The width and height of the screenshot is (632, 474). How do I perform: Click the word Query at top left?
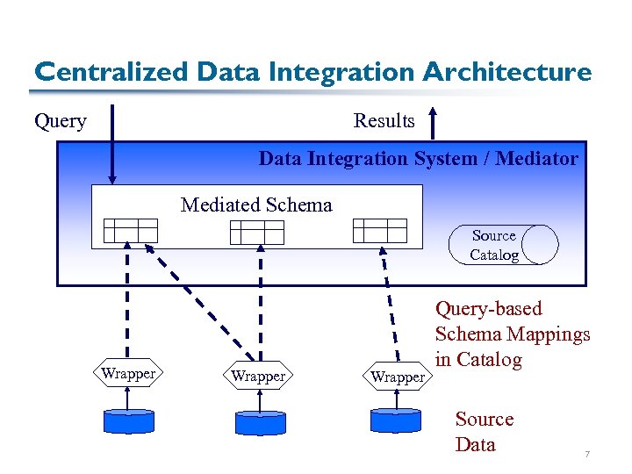click(60, 121)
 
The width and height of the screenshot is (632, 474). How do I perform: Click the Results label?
click(384, 121)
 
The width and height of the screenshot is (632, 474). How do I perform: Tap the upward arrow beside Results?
click(433, 122)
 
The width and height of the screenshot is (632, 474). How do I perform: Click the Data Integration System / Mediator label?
click(418, 159)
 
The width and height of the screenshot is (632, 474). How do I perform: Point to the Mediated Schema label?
click(256, 205)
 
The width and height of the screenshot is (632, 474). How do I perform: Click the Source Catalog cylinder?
click(503, 245)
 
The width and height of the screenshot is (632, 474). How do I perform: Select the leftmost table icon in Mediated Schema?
click(130, 230)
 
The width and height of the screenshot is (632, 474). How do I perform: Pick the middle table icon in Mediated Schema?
click(257, 232)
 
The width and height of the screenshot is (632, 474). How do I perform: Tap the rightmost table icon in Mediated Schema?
click(379, 231)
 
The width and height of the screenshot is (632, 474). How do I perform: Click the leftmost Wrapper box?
click(128, 374)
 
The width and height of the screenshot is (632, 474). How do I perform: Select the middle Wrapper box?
click(258, 377)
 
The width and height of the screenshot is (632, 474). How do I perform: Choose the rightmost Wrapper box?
click(398, 377)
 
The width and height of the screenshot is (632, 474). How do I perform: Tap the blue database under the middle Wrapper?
click(260, 422)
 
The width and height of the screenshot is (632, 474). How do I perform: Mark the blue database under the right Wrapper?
click(396, 420)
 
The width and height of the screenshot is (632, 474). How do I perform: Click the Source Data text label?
click(484, 432)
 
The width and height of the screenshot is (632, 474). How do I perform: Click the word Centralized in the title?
click(111, 72)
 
